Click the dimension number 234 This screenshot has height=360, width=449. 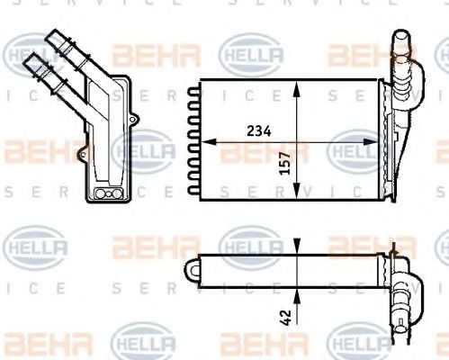(258, 130)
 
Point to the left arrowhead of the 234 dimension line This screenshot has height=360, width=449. (202, 141)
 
